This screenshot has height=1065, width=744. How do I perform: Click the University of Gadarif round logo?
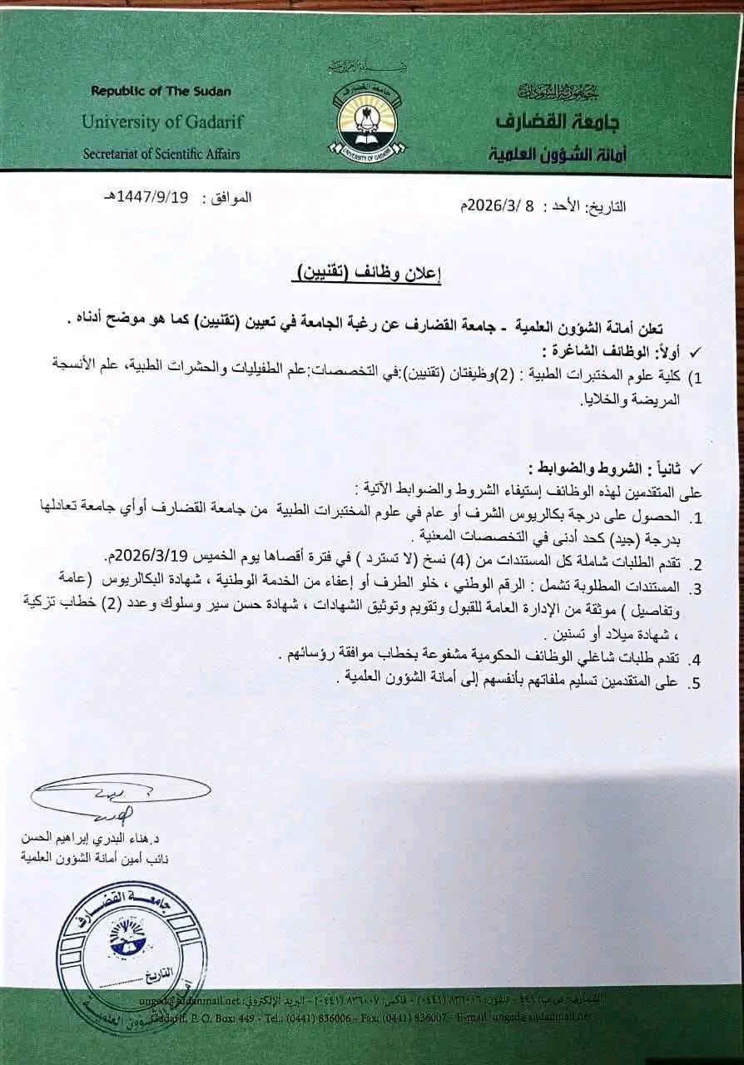(x=371, y=122)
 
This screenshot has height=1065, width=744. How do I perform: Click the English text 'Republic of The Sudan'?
(x=161, y=91)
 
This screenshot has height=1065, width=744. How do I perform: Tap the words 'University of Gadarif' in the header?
(x=162, y=122)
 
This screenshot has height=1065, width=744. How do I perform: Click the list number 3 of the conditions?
(x=697, y=589)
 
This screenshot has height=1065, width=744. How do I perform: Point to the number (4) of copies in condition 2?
(x=481, y=555)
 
